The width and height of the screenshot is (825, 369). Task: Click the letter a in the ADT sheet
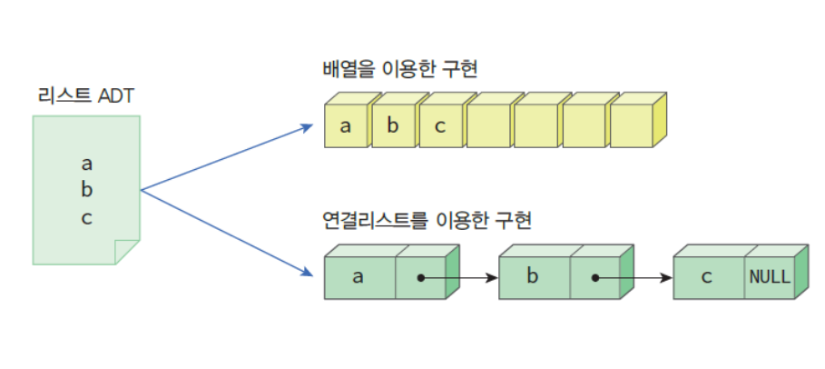click(x=87, y=165)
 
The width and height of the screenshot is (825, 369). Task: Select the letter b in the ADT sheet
click(x=87, y=191)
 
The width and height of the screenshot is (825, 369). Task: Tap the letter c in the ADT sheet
click(x=87, y=218)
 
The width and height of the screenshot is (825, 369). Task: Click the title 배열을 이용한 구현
click(x=399, y=69)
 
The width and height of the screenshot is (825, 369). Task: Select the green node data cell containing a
click(x=358, y=277)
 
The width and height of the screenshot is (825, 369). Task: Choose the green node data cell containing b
click(x=534, y=277)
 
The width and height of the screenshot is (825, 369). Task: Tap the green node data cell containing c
click(x=709, y=277)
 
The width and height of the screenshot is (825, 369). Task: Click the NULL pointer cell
click(x=769, y=277)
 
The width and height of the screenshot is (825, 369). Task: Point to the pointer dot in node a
click(x=420, y=278)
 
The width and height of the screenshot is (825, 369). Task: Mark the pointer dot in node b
click(x=595, y=278)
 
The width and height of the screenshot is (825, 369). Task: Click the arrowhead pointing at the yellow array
click(x=309, y=128)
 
